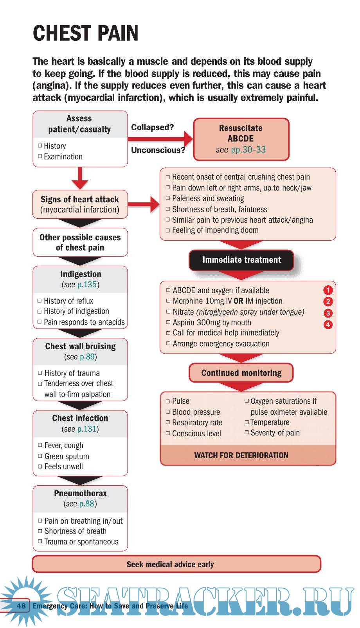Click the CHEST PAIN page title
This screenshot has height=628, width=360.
pyautogui.click(x=85, y=33)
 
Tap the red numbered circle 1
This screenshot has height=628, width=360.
pyautogui.click(x=328, y=290)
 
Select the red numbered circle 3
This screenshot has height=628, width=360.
pyautogui.click(x=328, y=313)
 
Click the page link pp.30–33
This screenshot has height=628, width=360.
pyautogui.click(x=248, y=150)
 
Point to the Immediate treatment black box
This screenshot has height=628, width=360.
pyautogui.click(x=241, y=260)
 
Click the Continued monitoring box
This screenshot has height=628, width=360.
pyautogui.click(x=241, y=373)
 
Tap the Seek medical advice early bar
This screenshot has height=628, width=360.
pyautogui.click(x=176, y=564)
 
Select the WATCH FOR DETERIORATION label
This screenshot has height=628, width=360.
pyautogui.click(x=241, y=455)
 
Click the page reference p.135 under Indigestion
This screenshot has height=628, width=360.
pyautogui.click(x=87, y=285)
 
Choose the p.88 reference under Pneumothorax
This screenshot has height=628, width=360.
pyautogui.click(x=87, y=504)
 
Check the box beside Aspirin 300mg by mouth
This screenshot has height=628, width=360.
pyautogui.click(x=169, y=322)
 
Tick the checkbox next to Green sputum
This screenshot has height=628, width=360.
pyautogui.click(x=40, y=456)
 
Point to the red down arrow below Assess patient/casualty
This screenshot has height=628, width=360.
pyautogui.click(x=80, y=178)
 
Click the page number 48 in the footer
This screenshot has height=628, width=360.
pyautogui.click(x=21, y=606)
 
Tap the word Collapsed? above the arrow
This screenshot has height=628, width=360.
pyautogui.click(x=152, y=127)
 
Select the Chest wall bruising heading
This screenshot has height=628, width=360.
pyautogui.click(x=80, y=347)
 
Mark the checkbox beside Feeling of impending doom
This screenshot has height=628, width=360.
pyautogui.click(x=168, y=230)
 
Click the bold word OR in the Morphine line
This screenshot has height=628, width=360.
pyautogui.click(x=238, y=301)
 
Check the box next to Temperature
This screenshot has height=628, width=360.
pyautogui.click(x=247, y=422)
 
